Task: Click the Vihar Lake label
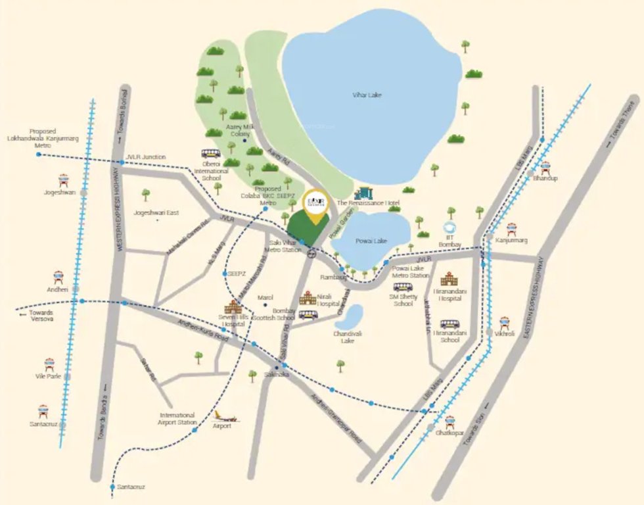367,95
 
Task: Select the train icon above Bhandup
545,166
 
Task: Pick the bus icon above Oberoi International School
211,154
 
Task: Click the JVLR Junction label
145,157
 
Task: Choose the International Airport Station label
178,418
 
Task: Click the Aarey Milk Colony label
239,129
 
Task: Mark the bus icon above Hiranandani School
450,324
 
